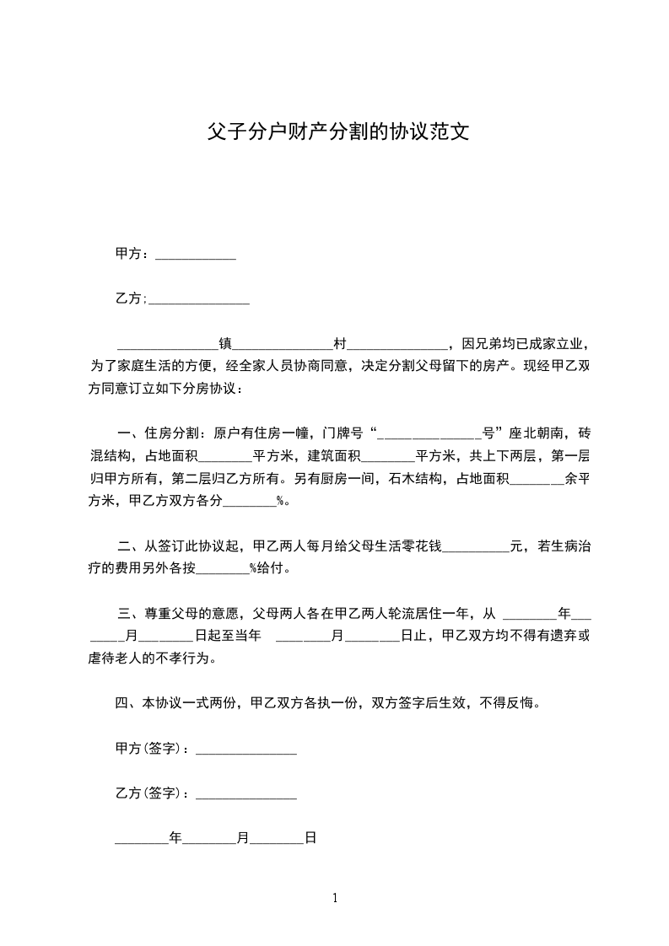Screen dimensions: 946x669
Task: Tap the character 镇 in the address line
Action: point(225,344)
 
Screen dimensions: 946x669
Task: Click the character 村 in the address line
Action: point(340,344)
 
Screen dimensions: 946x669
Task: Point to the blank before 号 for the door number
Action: point(430,434)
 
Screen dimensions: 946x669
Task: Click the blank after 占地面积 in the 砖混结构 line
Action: point(226,457)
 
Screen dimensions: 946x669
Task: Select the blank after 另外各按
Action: point(223,569)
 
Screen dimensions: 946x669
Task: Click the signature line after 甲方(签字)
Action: point(245,749)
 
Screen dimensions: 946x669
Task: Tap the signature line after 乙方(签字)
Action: point(245,793)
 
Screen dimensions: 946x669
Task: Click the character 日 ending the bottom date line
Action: point(310,838)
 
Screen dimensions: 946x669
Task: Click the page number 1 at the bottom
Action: point(335,898)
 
